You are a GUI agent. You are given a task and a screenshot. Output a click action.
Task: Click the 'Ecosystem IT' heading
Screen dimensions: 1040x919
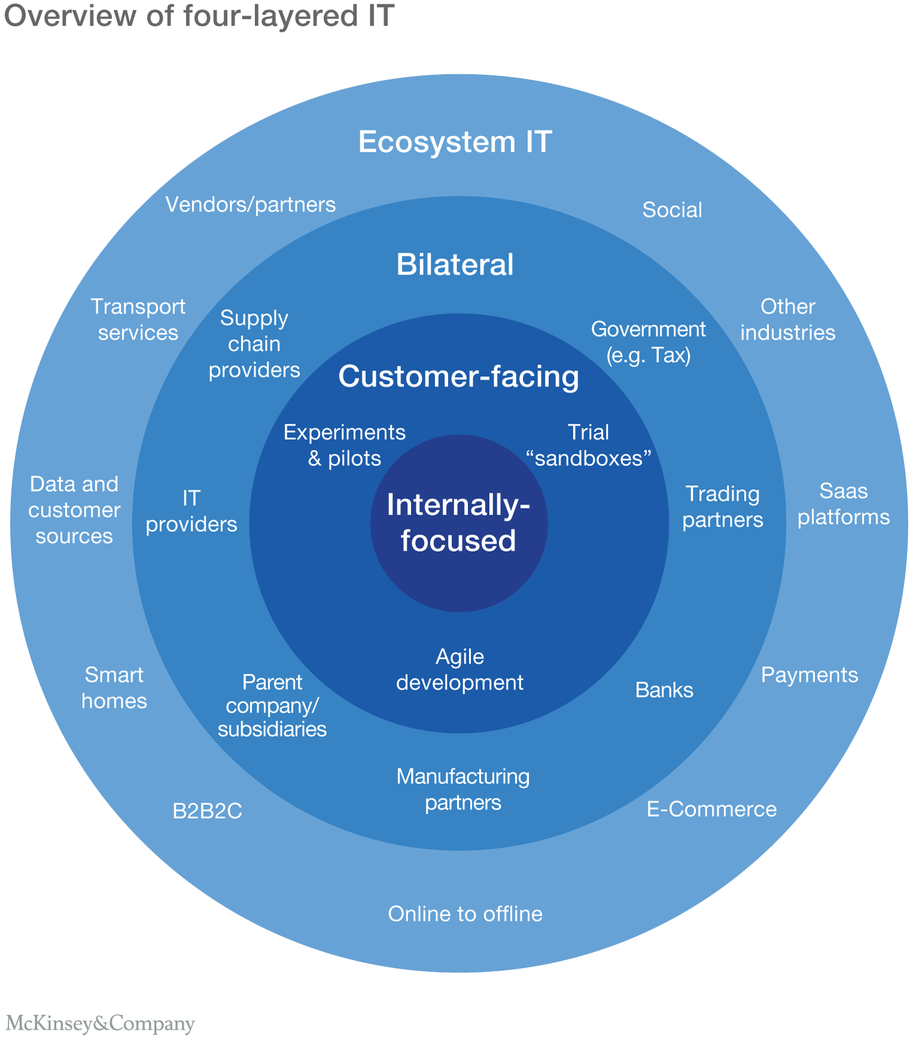(455, 142)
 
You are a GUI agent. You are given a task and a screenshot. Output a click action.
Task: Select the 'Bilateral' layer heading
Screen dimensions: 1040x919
(455, 264)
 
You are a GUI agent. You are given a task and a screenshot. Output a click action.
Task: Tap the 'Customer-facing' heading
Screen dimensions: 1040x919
(458, 377)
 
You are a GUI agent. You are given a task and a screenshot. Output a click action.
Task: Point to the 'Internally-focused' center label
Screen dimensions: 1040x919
(458, 522)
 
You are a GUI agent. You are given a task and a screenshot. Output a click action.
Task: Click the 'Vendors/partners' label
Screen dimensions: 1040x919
(250, 205)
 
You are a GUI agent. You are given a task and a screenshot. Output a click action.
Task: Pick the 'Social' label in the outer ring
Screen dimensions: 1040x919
(672, 210)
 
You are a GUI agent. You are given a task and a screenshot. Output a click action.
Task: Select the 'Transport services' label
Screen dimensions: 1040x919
(138, 320)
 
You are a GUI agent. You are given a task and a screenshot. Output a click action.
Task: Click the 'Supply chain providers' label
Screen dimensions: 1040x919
(254, 344)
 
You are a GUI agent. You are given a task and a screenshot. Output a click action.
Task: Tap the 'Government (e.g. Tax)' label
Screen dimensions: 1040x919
(649, 342)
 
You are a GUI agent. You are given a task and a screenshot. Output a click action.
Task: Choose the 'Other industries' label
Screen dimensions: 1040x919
(787, 320)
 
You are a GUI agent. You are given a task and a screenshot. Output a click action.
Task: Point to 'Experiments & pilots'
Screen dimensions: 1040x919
(345, 445)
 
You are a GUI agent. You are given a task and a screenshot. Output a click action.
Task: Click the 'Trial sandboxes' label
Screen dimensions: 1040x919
(588, 445)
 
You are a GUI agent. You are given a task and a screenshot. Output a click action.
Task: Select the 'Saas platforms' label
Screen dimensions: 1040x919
(844, 504)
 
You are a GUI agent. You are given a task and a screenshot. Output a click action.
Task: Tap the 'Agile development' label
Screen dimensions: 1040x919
(459, 670)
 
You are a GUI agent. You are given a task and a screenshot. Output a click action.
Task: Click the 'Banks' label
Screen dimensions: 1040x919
(664, 690)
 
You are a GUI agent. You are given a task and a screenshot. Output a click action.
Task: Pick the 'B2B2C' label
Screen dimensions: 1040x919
(207, 811)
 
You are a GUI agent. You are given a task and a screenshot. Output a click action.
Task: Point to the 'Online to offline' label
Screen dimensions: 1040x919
(465, 914)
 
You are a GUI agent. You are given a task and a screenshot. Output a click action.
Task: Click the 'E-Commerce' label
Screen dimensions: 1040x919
(711, 809)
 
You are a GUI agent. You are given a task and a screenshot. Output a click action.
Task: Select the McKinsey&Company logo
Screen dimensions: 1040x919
(100, 1023)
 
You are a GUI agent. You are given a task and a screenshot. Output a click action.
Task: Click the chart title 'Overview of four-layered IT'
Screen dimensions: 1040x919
(199, 16)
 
